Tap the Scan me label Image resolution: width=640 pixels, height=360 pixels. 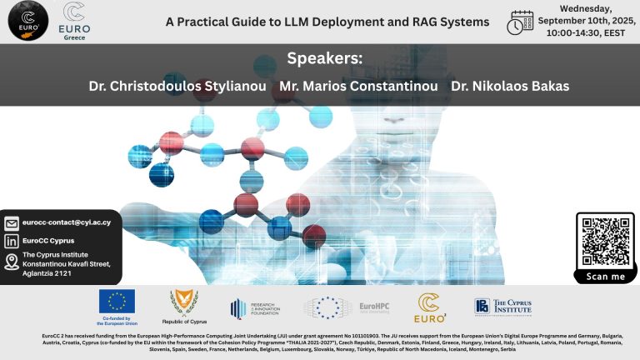click(x=605, y=277)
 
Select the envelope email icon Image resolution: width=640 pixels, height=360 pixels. click(x=12, y=223)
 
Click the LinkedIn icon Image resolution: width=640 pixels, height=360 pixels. click(x=12, y=241)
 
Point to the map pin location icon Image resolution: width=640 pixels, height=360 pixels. click(x=12, y=262)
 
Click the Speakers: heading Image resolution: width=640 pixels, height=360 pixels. click(x=319, y=58)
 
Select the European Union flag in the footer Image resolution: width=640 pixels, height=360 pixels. click(x=117, y=302)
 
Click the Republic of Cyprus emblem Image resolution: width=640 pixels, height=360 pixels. click(x=184, y=304)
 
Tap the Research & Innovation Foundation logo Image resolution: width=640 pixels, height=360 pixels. click(x=255, y=307)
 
